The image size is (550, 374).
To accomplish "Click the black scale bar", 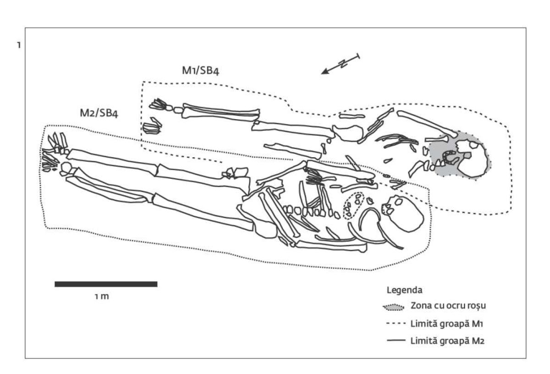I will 106,284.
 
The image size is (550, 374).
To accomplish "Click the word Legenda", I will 405,291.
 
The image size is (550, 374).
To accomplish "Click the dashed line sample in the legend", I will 394,324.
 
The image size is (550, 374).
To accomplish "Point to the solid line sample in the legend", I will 394,341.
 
